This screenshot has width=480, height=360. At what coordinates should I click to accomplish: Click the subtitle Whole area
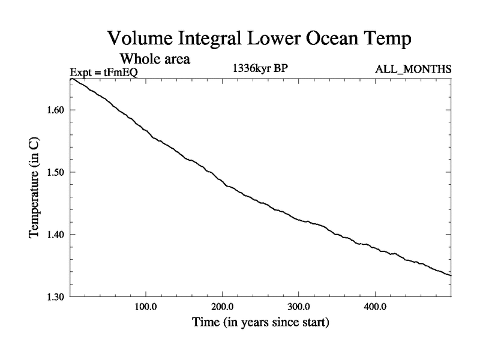coord(155,59)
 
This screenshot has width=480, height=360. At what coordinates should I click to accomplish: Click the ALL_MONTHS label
coord(413,70)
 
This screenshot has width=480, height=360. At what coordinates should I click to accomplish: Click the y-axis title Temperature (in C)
coord(35,187)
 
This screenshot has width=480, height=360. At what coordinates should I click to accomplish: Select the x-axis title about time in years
coord(260,322)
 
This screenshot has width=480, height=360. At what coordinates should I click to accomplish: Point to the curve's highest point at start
coord(71,79)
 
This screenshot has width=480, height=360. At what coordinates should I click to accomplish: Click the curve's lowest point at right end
coord(450,275)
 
